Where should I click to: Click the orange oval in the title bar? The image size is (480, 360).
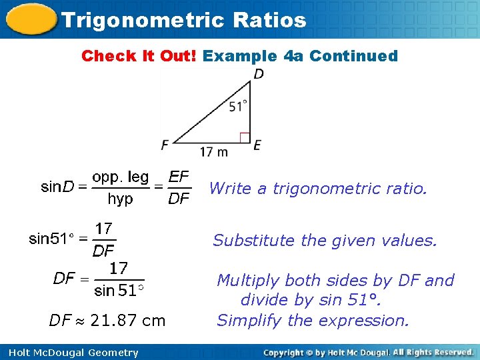click(30, 19)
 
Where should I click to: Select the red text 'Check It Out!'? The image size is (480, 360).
click(139, 56)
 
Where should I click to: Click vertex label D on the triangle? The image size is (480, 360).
click(258, 74)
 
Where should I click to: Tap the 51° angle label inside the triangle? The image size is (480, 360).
click(237, 106)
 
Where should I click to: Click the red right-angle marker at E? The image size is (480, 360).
click(244, 137)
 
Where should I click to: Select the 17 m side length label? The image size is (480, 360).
click(214, 151)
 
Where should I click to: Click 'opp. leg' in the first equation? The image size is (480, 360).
click(121, 177)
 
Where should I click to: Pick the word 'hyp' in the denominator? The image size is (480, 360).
click(120, 199)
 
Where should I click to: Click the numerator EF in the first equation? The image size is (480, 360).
click(179, 177)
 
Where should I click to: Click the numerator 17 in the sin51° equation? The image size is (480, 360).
click(103, 229)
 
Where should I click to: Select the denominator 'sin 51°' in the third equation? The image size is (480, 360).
click(119, 290)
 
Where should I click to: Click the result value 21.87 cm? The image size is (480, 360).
click(127, 321)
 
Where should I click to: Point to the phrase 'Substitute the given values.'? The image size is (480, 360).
click(325, 240)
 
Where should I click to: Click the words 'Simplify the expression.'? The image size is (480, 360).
click(313, 321)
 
